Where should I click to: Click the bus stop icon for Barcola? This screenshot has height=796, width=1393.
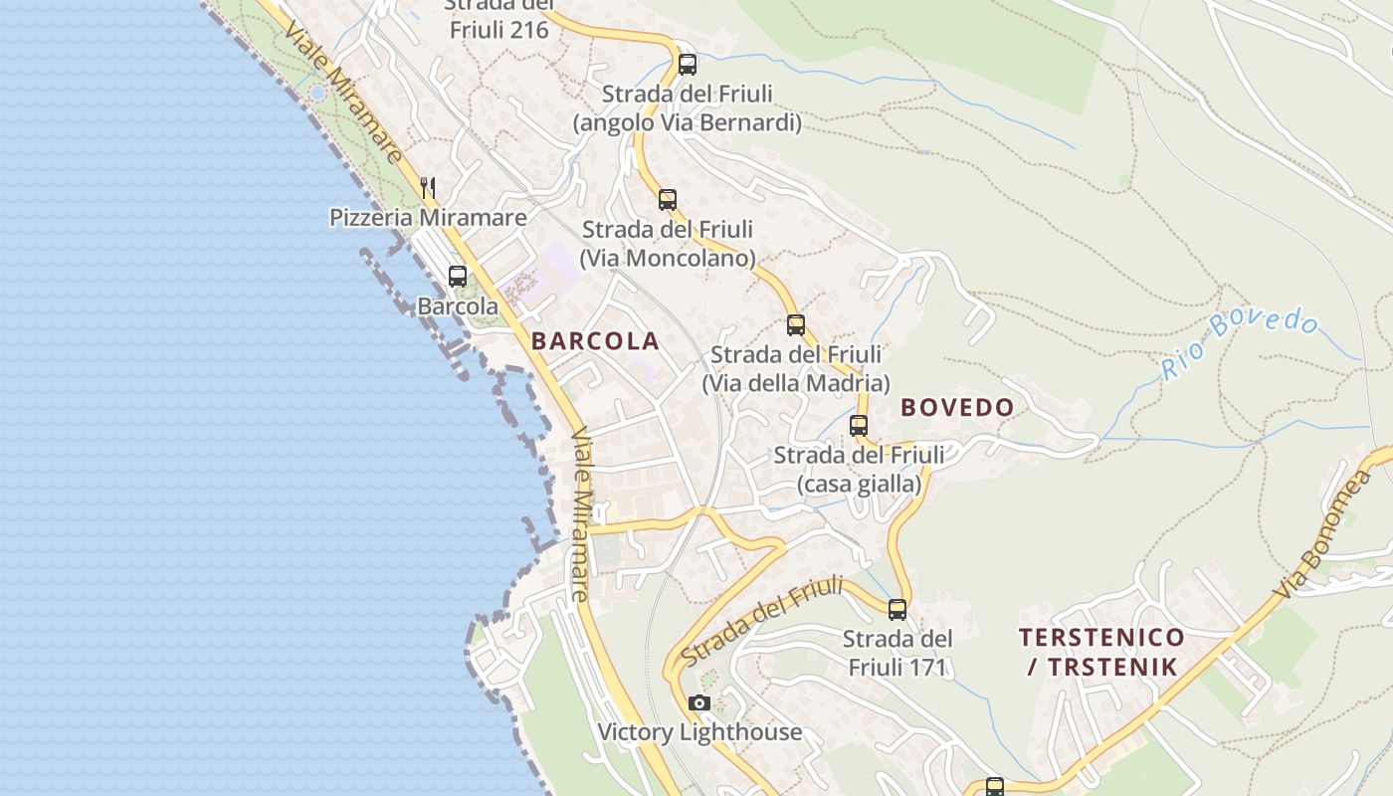pyautogui.click(x=458, y=277)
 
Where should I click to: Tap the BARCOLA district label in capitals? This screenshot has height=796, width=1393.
pyautogui.click(x=595, y=341)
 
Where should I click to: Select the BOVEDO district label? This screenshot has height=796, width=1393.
pyautogui.click(x=957, y=407)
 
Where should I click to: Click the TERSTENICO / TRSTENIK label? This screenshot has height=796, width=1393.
pyautogui.click(x=1102, y=652)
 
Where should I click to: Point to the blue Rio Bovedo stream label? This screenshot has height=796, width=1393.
pyautogui.click(x=1241, y=343)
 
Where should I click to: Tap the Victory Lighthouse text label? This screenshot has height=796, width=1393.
pyautogui.click(x=699, y=732)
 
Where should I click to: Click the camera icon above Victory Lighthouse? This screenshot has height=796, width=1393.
pyautogui.click(x=699, y=703)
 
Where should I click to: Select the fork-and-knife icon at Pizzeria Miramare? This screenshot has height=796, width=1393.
pyautogui.click(x=428, y=186)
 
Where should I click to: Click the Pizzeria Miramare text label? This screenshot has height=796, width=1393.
pyautogui.click(x=429, y=217)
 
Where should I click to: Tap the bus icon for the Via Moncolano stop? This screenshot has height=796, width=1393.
pyautogui.click(x=668, y=199)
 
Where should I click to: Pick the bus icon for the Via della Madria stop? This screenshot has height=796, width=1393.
pyautogui.click(x=796, y=324)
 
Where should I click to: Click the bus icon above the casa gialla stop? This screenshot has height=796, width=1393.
pyautogui.click(x=859, y=426)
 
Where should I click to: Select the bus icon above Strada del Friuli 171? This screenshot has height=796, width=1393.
pyautogui.click(x=897, y=610)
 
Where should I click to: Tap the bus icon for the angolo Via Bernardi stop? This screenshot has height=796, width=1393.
pyautogui.click(x=688, y=65)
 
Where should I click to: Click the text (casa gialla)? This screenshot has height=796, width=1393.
pyautogui.click(x=860, y=485)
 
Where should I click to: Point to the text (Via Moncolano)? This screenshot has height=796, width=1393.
pyautogui.click(x=668, y=259)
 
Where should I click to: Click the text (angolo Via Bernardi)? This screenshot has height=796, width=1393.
pyautogui.click(x=688, y=123)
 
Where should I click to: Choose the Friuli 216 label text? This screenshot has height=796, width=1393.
pyautogui.click(x=499, y=30)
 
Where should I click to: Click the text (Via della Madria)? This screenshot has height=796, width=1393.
pyautogui.click(x=796, y=383)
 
